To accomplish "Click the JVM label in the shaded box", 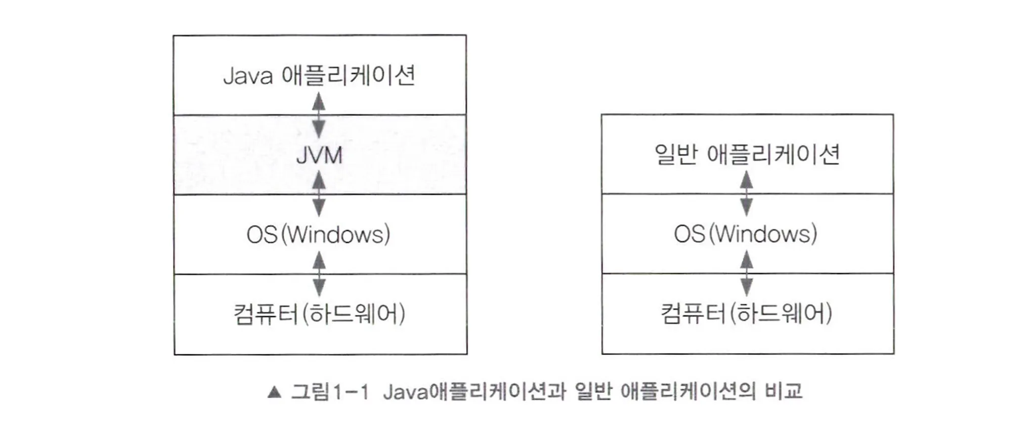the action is (x=319, y=155).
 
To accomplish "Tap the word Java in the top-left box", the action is (x=248, y=76).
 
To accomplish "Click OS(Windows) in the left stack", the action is (x=318, y=235).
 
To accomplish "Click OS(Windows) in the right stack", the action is (x=746, y=234).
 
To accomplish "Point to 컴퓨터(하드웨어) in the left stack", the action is (x=319, y=314).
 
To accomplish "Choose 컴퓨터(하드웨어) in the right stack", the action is (x=747, y=313).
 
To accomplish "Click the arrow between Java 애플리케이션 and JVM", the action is (x=319, y=115).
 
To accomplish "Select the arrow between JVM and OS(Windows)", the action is (x=319, y=194).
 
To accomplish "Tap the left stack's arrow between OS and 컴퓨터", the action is (x=319, y=274).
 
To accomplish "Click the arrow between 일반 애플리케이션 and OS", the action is (x=747, y=194).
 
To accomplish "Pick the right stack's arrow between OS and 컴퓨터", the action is (x=747, y=273).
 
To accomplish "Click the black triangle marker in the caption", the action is (x=274, y=392).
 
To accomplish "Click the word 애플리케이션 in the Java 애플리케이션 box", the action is (x=349, y=76).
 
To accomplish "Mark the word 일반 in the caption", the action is (x=591, y=392).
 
